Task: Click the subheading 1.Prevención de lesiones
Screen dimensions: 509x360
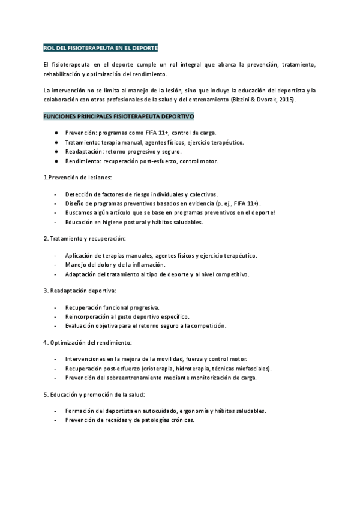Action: pos(78,178)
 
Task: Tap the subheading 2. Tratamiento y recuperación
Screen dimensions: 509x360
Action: pos(84,239)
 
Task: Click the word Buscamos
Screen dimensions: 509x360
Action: pos(80,212)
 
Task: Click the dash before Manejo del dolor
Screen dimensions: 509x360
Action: pos(55,265)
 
